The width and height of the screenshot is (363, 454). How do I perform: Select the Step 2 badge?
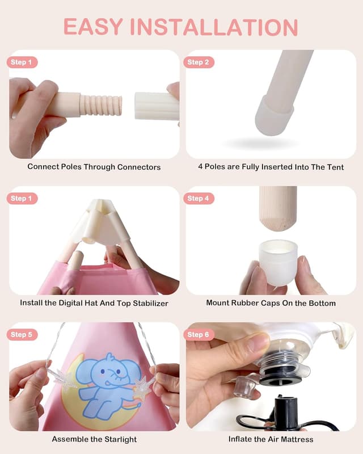pos(199,62)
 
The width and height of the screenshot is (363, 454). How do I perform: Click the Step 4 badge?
pos(199,199)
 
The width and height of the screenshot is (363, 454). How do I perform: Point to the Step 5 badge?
pos(22,335)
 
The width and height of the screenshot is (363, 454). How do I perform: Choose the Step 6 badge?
pos(199,335)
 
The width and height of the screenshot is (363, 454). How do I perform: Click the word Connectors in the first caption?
pos(139,167)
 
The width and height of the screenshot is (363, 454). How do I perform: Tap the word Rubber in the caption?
pos(245,303)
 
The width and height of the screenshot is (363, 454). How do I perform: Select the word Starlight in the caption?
pos(117,439)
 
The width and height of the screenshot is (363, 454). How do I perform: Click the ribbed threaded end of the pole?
pos(102,105)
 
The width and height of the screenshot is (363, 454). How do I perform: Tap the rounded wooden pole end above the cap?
pos(277,211)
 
